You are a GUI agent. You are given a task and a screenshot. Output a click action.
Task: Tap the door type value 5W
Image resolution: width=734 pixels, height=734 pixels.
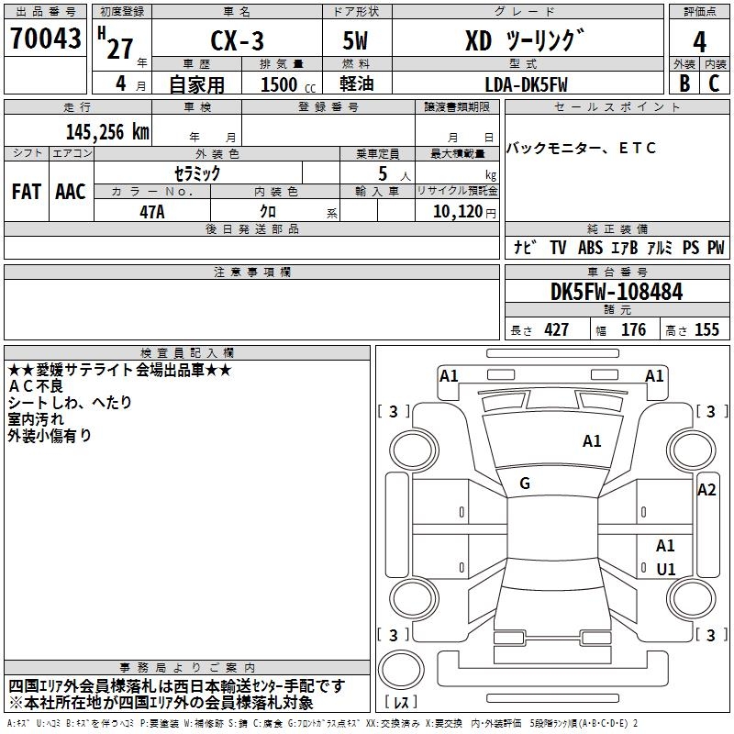coord(355,41)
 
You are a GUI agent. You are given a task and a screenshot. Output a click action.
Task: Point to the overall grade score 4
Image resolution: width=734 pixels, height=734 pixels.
coord(699,41)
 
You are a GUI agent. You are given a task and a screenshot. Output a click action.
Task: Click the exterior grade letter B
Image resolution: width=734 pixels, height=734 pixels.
coord(683,83)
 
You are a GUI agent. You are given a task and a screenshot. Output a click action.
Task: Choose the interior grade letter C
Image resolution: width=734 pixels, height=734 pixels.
coord(715,83)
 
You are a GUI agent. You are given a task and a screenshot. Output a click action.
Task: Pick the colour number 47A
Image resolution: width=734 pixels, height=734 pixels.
coord(151,212)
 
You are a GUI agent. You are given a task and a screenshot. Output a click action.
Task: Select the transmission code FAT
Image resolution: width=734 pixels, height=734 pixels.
coord(27,191)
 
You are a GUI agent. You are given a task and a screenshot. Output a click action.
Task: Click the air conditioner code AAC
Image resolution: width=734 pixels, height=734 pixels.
coord(71,191)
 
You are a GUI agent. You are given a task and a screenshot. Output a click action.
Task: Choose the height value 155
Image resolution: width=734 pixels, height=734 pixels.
coord(706,329)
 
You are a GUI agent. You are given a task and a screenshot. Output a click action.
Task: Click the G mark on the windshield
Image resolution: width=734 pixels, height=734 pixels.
coord(525,484)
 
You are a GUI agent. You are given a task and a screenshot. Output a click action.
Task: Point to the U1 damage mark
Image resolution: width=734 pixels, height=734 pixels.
coord(665,569)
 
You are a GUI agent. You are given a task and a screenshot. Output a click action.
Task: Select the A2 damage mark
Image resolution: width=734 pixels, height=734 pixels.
coord(706,490)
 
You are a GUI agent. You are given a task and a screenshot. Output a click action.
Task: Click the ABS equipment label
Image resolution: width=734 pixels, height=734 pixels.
coord(590,248)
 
